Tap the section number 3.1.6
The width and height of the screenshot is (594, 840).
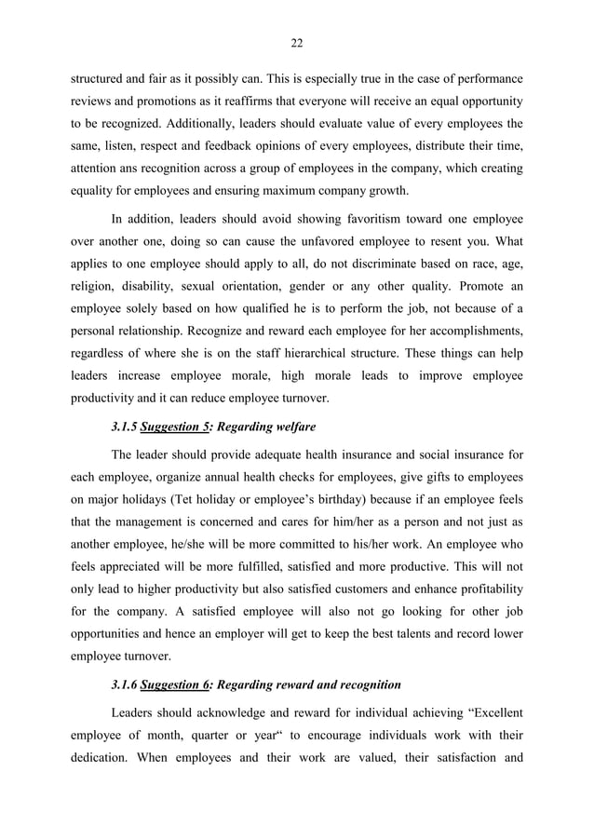click(x=123, y=684)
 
